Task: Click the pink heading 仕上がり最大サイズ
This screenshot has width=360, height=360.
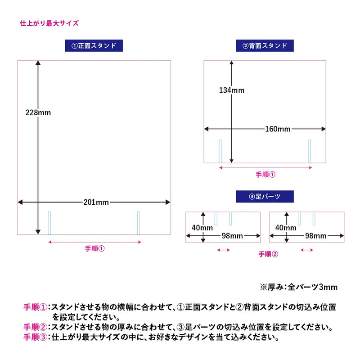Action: [49, 23]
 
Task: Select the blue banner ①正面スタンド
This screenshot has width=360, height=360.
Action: [94, 46]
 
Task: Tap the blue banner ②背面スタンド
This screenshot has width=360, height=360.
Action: [265, 46]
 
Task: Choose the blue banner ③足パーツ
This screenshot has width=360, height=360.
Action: [265, 197]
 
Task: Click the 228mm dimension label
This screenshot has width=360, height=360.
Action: [38, 112]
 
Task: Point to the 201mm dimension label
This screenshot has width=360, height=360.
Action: [96, 202]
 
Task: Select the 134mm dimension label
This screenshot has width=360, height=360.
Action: [232, 90]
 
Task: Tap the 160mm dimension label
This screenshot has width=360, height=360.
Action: [278, 129]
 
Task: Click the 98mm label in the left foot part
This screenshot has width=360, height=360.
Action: [232, 236]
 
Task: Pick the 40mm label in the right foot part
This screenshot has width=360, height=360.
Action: [286, 228]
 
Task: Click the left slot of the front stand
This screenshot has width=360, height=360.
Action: [49, 223]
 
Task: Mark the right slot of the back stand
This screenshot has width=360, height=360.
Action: [310, 151]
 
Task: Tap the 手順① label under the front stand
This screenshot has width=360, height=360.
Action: [95, 248]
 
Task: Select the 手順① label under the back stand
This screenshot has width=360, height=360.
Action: [265, 175]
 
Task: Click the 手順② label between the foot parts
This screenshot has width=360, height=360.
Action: [268, 254]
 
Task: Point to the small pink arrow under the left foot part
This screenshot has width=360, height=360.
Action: [223, 250]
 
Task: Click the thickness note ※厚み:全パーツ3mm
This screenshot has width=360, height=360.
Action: [299, 287]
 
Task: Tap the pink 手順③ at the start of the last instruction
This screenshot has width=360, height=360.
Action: [36, 337]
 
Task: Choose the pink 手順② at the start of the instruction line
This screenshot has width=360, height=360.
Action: [36, 327]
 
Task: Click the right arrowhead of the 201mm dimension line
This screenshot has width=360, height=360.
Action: [168, 202]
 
